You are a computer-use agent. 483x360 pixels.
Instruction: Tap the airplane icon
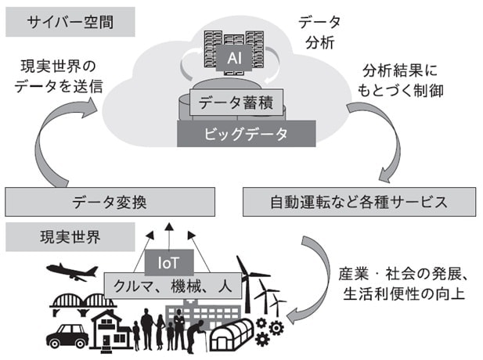coord(72,272)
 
